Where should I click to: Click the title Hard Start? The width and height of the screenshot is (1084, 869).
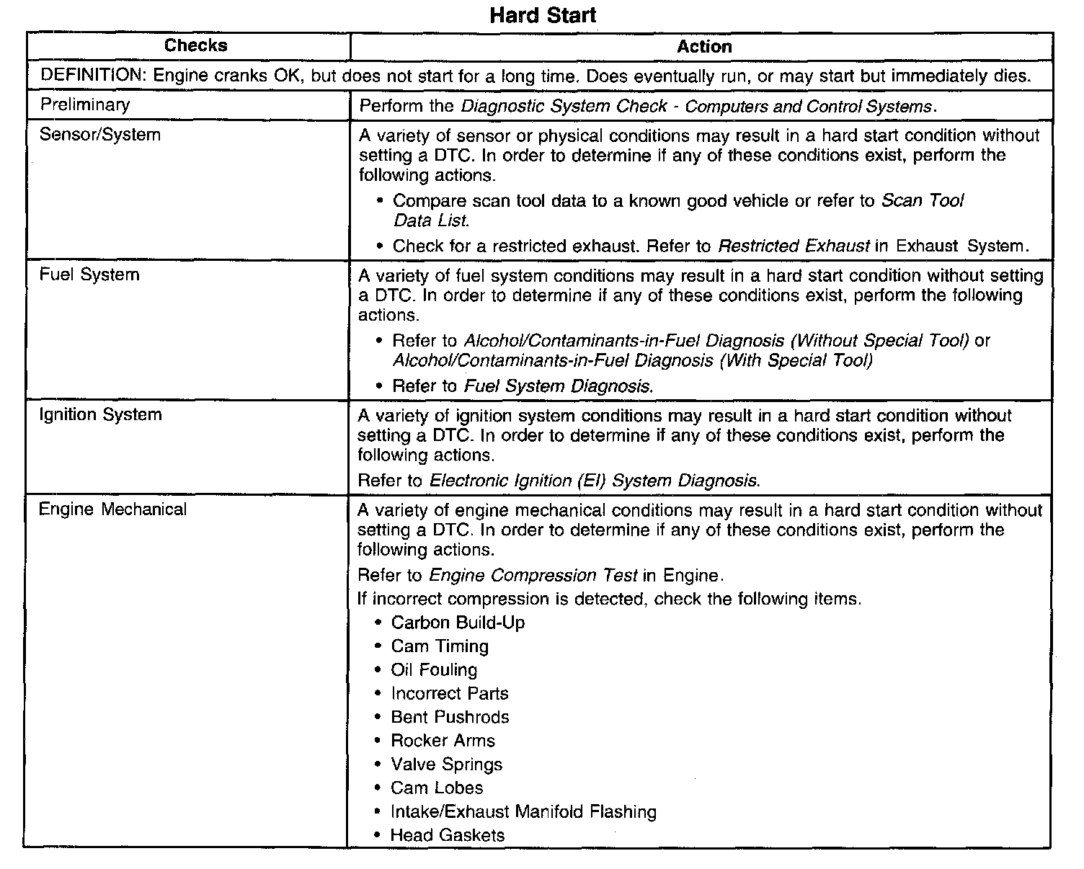(x=543, y=15)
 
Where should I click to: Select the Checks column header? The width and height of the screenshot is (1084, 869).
(x=195, y=46)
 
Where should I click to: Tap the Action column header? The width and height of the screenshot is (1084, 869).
(x=704, y=47)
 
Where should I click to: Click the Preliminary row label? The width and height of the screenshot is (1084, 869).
(x=85, y=105)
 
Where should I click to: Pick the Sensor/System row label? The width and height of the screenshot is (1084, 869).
(x=100, y=135)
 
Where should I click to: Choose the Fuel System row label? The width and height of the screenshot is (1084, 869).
(x=89, y=275)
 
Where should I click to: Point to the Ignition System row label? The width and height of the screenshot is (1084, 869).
(x=100, y=415)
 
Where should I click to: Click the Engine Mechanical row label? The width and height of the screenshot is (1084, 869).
(x=112, y=509)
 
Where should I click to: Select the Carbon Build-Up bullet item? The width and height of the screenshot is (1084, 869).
(x=458, y=623)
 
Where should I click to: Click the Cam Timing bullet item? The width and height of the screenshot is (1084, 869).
(x=440, y=646)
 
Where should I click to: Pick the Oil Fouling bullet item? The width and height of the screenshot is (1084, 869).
(x=434, y=670)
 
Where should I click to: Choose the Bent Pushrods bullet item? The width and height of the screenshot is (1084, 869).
(x=450, y=718)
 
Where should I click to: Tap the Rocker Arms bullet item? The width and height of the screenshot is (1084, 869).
(x=443, y=741)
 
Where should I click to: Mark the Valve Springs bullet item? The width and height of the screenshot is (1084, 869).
(x=446, y=765)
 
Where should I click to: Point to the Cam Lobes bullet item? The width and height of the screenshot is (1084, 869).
(x=437, y=788)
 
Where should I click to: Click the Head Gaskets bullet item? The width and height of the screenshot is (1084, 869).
(x=448, y=836)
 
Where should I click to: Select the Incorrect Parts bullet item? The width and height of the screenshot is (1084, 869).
(x=450, y=694)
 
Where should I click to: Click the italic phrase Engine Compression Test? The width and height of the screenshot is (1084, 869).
(x=533, y=576)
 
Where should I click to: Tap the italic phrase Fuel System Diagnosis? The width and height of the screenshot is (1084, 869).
(x=559, y=386)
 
